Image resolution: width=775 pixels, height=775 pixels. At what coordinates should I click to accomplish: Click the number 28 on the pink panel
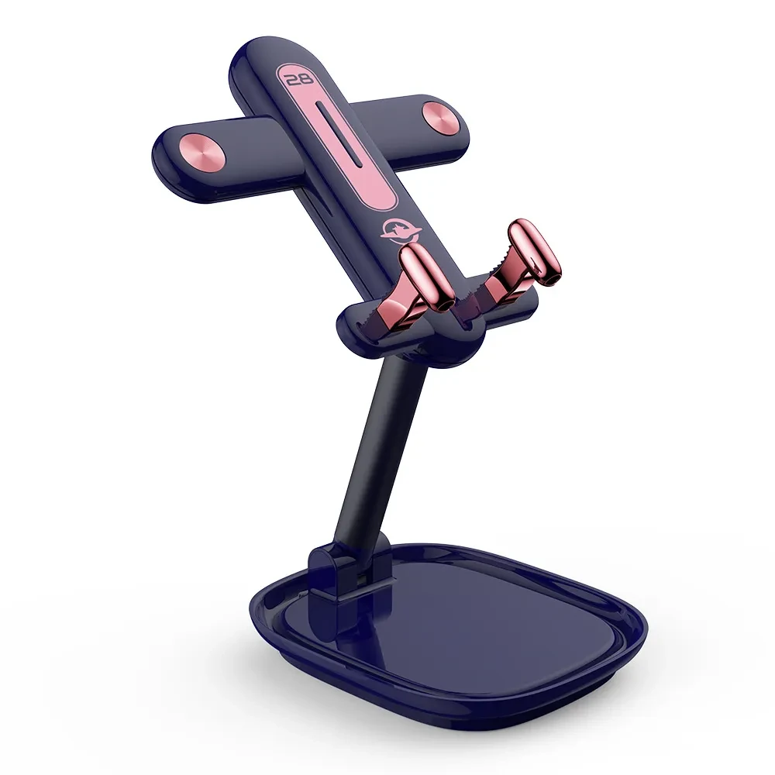point(298,78)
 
